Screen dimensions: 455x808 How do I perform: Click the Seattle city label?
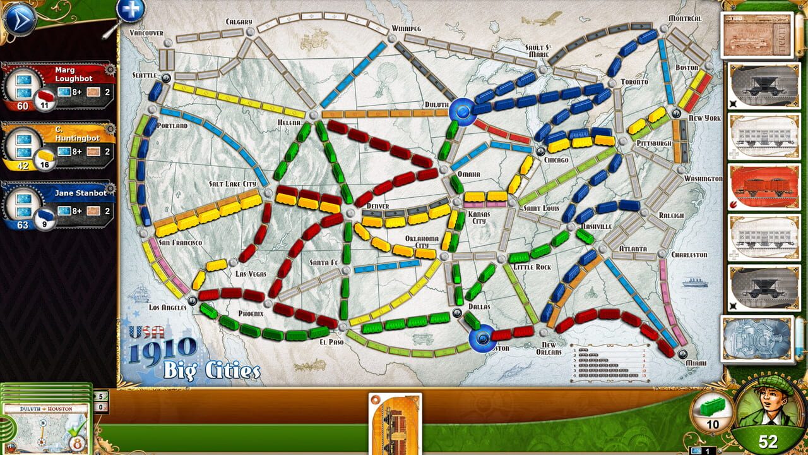point(145,75)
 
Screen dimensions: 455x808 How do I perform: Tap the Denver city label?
point(377,206)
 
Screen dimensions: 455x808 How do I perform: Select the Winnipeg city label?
point(406,28)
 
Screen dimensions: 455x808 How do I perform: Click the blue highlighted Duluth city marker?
point(464,112)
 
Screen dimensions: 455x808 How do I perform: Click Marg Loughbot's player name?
point(73,74)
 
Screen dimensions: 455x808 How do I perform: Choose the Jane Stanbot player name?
point(80,193)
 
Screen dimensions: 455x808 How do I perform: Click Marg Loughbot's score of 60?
point(23,106)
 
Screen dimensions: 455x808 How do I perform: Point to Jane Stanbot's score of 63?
point(23,224)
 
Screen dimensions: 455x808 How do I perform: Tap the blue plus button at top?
point(131,9)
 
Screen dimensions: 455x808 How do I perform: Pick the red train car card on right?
point(764,186)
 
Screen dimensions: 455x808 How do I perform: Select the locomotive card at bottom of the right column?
point(758,338)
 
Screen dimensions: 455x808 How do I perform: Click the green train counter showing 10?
point(713,412)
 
